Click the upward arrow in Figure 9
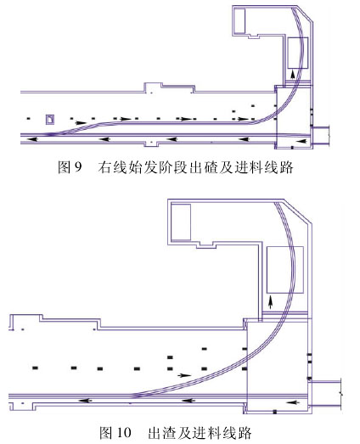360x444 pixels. (x=293, y=75)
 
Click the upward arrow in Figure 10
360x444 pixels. (x=271, y=302)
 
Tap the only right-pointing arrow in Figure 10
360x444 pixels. (x=185, y=375)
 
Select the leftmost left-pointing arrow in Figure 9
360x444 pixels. (x=32, y=139)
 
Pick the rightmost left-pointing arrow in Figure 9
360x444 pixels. (x=301, y=141)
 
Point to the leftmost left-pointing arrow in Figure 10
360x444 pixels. (x=85, y=401)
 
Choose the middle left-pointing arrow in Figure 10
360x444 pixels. (x=188, y=401)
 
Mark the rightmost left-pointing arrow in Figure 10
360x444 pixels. (x=293, y=402)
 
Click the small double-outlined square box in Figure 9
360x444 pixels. (x=50, y=119)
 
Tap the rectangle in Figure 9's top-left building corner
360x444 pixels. (x=239, y=21)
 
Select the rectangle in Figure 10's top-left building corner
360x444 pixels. (x=181, y=222)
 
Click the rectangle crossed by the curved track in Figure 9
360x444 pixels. (x=298, y=53)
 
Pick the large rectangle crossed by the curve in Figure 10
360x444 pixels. (x=285, y=270)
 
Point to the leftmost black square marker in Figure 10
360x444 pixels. (x=36, y=368)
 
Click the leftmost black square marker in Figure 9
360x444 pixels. (x=28, y=118)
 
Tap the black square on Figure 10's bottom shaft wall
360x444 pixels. (x=274, y=412)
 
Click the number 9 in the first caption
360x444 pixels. (x=77, y=167)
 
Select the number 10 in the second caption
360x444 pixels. (x=124, y=432)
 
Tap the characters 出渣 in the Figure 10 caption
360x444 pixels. (x=160, y=432)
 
